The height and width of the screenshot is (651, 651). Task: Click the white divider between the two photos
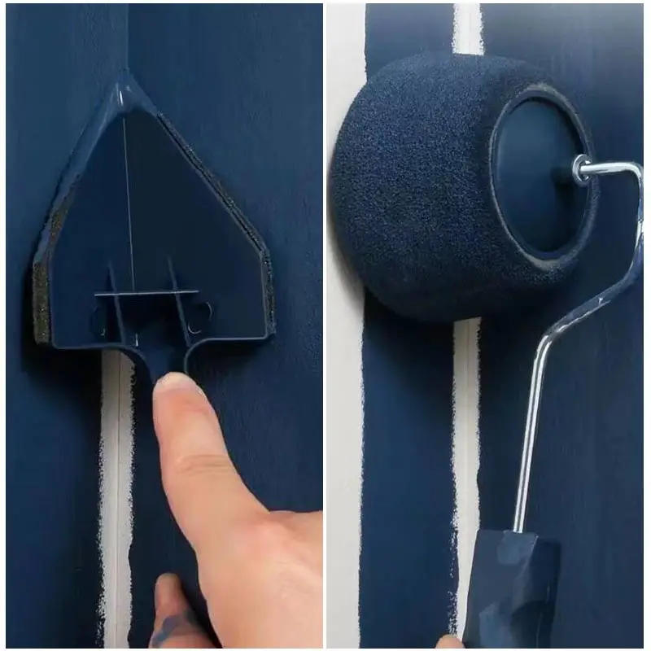325,325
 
